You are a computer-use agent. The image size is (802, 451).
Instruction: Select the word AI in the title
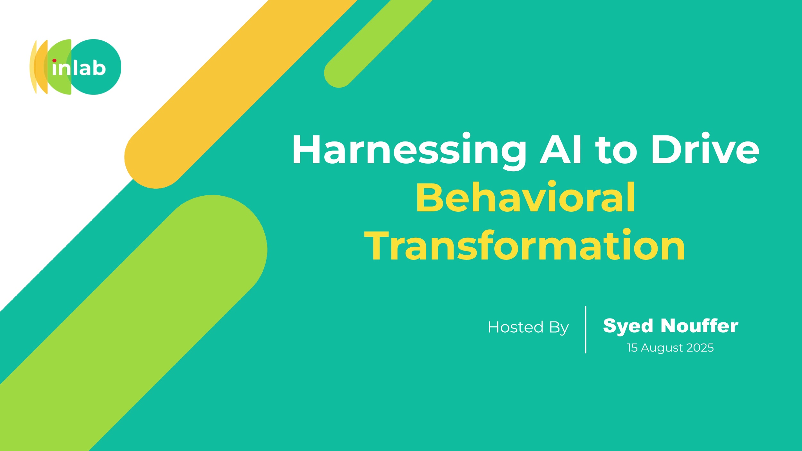pyautogui.click(x=560, y=149)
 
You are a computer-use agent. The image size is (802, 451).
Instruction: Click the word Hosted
pyautogui.click(x=516, y=327)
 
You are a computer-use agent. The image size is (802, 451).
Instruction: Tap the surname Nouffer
pyautogui.click(x=699, y=326)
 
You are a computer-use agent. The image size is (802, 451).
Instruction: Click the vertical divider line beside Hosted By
pyautogui.click(x=586, y=330)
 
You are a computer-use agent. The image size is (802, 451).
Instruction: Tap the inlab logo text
pyautogui.click(x=79, y=68)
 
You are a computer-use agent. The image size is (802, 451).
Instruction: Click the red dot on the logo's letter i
pyautogui.click(x=55, y=61)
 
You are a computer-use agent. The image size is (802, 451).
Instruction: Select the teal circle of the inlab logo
pyautogui.click(x=96, y=67)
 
